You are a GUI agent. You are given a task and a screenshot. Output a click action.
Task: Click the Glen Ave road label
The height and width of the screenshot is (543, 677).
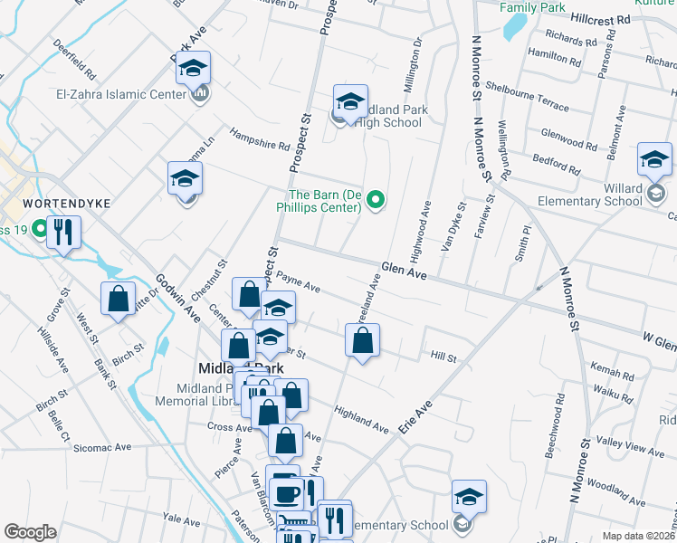coord(404,270)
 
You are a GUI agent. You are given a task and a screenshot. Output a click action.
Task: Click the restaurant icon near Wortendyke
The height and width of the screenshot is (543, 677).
coord(62,233)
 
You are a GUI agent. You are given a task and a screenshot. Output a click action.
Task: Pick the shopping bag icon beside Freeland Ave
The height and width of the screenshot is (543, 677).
coord(362,341)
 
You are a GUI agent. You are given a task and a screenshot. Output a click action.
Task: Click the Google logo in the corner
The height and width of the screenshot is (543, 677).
coord(30,532)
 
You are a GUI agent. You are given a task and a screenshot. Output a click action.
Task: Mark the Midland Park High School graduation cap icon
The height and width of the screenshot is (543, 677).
coord(350,100)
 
